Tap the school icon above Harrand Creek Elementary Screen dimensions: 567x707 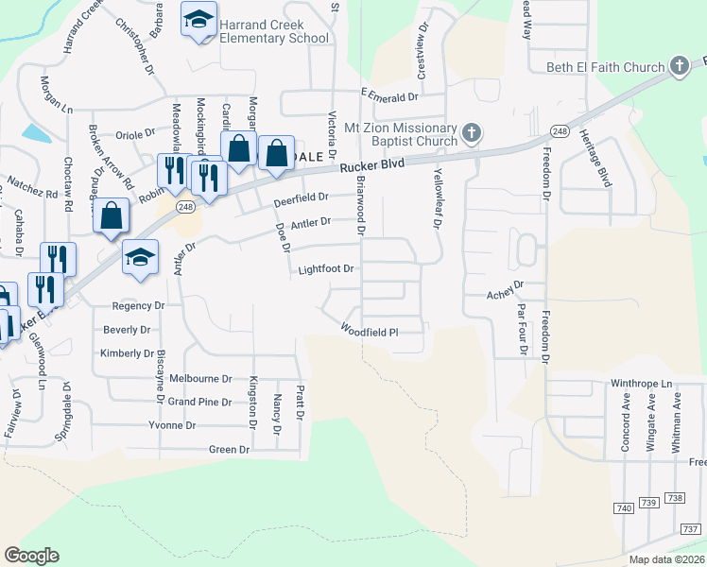pyautogui.click(x=198, y=20)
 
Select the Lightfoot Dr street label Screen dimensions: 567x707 pyautogui.click(x=325, y=269)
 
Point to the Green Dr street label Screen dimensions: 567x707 pyautogui.click(x=229, y=450)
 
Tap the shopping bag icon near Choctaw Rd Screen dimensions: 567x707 pyautogui.click(x=111, y=214)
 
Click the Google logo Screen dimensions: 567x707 pyautogui.click(x=31, y=556)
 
